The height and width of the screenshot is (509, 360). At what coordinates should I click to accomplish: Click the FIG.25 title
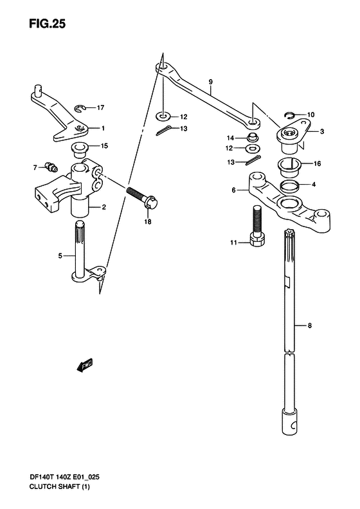pos(48,24)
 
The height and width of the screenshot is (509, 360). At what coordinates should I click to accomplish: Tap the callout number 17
pos(100,107)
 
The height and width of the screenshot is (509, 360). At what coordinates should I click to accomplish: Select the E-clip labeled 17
pos(80,109)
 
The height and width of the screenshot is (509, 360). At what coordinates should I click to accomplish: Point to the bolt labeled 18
pos(141,198)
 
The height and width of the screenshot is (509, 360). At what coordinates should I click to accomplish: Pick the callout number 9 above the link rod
pos(210,82)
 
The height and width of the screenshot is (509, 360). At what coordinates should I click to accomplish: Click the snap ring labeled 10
pos(290,115)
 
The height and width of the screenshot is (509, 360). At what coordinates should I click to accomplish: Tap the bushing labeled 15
pos(79,149)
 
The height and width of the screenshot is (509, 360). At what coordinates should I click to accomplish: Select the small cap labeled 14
pos(253,137)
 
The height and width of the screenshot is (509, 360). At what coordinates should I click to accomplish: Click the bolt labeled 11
pos(258,227)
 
